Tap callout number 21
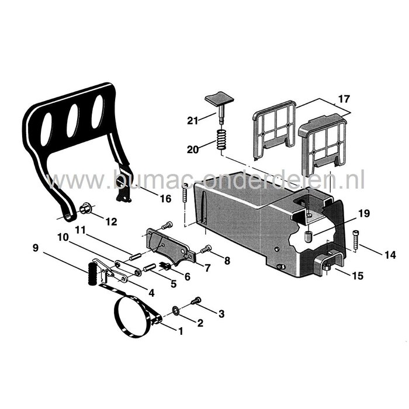[192, 121]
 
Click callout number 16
[165, 199]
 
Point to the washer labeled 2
[176, 309]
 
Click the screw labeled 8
[206, 249]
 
